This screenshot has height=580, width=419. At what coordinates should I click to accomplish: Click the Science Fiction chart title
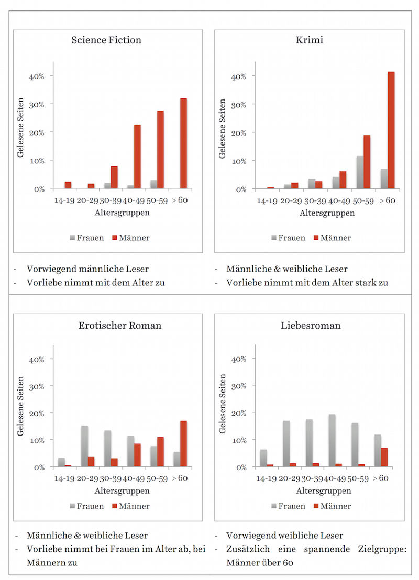click(106, 40)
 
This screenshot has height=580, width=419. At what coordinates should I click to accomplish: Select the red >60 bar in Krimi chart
click(391, 130)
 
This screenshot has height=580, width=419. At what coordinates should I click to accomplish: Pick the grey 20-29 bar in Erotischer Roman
click(84, 446)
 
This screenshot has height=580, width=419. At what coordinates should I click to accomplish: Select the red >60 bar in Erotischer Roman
click(183, 444)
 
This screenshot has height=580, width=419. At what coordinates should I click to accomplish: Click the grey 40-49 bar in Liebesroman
click(332, 440)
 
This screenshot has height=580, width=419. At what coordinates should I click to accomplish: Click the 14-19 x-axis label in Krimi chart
click(267, 200)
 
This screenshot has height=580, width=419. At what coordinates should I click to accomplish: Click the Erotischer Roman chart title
click(120, 326)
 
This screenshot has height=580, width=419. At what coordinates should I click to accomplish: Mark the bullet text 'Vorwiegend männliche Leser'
click(87, 269)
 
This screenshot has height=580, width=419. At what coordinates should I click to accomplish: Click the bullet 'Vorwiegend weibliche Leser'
click(284, 536)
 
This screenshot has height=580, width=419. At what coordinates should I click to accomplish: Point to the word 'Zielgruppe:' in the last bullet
click(383, 550)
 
